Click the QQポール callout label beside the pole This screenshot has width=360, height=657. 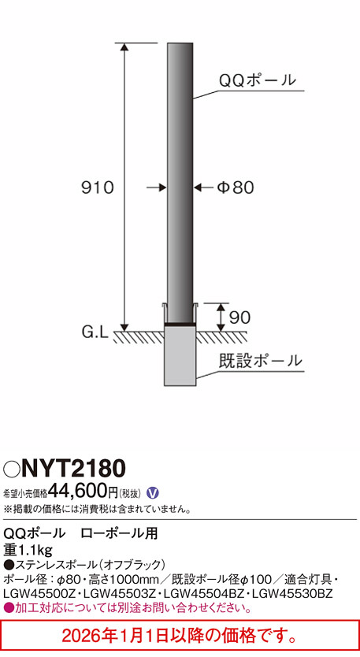pyautogui.click(x=257, y=80)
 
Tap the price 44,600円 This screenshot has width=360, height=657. pyautogui.click(x=83, y=492)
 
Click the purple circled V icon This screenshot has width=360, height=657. pyautogui.click(x=153, y=492)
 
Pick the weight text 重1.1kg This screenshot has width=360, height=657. pyautogui.click(x=28, y=549)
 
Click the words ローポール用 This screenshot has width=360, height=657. pyautogui.click(x=119, y=533)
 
